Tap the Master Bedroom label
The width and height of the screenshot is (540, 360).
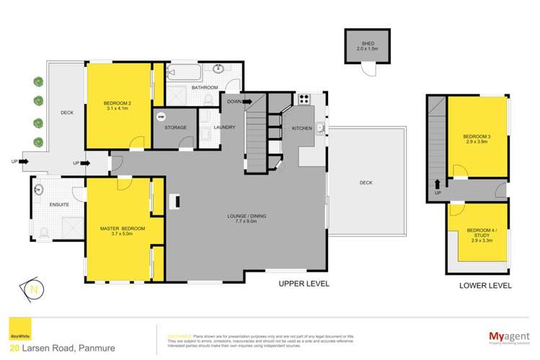122,232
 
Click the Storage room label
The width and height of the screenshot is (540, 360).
176,128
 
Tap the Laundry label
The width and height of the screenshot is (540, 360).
222,128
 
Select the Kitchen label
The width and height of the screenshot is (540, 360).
301,128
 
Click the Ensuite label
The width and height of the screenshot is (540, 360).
59,206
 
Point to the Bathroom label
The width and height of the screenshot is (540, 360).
204,87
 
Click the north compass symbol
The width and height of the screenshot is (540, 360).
32,287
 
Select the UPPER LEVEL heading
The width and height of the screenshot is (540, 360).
304,284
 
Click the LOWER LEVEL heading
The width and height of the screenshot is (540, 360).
486,286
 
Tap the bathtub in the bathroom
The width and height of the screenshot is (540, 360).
185,73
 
